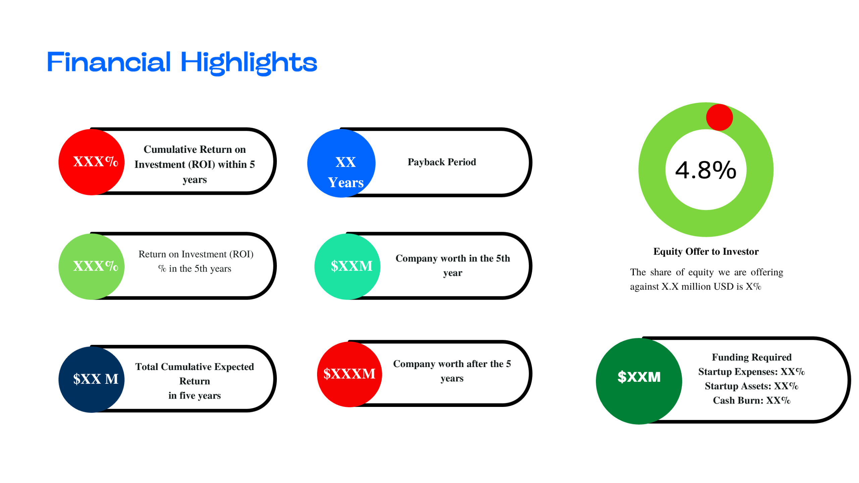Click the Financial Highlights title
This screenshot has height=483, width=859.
click(182, 62)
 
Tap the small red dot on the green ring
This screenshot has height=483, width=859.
click(719, 117)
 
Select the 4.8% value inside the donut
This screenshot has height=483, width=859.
click(705, 170)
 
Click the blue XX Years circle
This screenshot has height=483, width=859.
click(341, 163)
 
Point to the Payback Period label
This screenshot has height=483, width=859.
click(442, 162)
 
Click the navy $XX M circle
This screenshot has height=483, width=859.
click(91, 379)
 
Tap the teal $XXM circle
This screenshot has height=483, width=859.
click(347, 266)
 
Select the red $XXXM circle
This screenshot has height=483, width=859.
click(349, 374)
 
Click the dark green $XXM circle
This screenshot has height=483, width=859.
click(639, 381)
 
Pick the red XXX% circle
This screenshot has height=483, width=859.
click(91, 162)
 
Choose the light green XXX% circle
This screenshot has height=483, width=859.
click(91, 266)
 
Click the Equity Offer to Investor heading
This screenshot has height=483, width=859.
click(706, 251)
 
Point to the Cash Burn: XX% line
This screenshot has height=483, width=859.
click(751, 400)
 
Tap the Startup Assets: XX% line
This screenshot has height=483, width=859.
click(751, 386)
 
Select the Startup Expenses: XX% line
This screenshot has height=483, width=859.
click(751, 371)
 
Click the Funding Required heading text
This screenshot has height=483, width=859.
click(751, 357)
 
